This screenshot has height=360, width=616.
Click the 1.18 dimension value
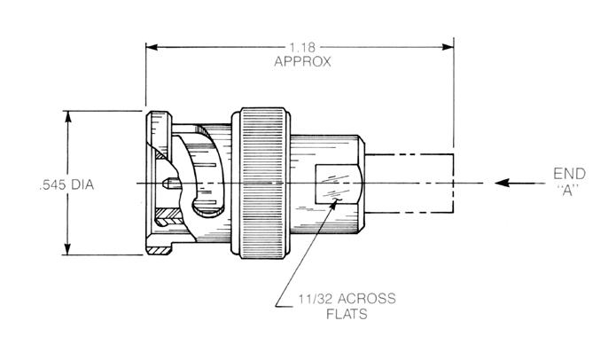302,48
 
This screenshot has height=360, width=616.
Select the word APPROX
302,62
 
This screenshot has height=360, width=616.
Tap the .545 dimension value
52,184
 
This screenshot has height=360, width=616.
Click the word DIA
82,184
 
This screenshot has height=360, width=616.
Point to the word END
569,174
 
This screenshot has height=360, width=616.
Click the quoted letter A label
568,191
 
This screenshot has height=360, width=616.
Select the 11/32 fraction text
314,299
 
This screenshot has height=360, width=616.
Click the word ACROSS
366,299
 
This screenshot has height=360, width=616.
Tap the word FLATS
347,314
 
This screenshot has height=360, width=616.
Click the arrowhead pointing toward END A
502,183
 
